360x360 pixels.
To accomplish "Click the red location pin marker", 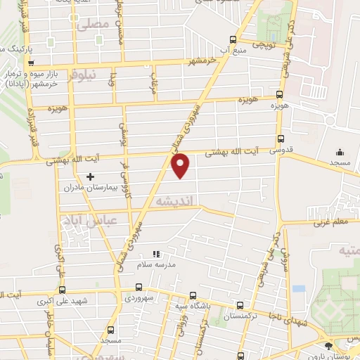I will click(x=181, y=165).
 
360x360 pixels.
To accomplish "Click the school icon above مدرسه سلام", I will click(x=157, y=254).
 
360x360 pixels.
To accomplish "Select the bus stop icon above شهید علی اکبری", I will click(x=139, y=288).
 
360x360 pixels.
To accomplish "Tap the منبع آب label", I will click(x=233, y=51).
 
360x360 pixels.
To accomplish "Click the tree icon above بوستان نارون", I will click(x=329, y=346).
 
